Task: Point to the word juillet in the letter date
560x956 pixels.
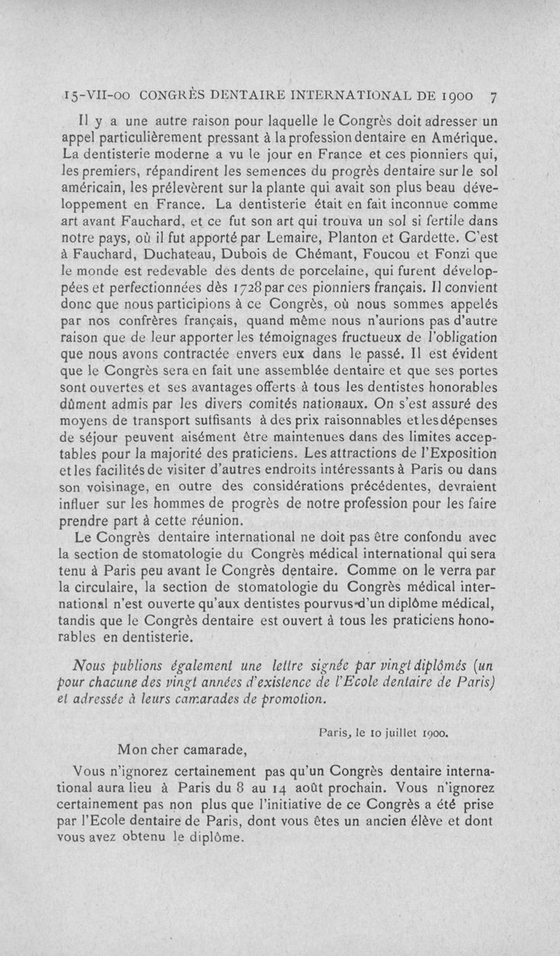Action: pyautogui.click(x=395, y=733)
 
